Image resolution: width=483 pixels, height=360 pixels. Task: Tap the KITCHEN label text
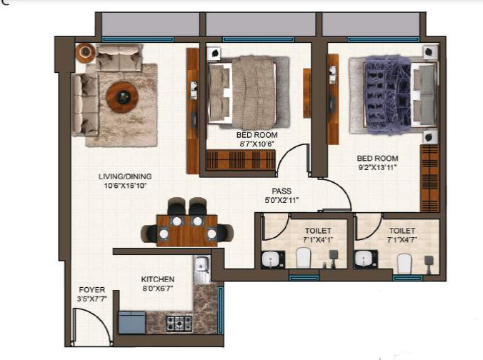[x=158, y=279]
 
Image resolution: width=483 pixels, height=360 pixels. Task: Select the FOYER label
[x=91, y=290]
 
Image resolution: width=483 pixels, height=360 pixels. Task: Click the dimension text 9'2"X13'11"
[x=377, y=167]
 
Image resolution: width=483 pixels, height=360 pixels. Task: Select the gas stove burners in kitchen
[x=179, y=323]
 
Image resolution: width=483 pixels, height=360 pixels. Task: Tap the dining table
[x=187, y=226]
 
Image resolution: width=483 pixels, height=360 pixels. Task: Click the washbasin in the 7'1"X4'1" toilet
[x=271, y=258]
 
